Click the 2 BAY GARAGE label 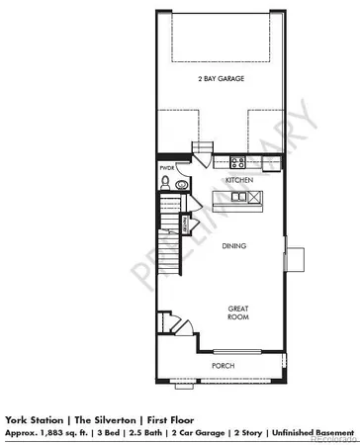220,78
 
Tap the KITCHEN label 238,181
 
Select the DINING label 234,247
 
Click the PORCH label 223,366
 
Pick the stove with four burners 237,161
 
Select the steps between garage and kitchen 203,150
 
